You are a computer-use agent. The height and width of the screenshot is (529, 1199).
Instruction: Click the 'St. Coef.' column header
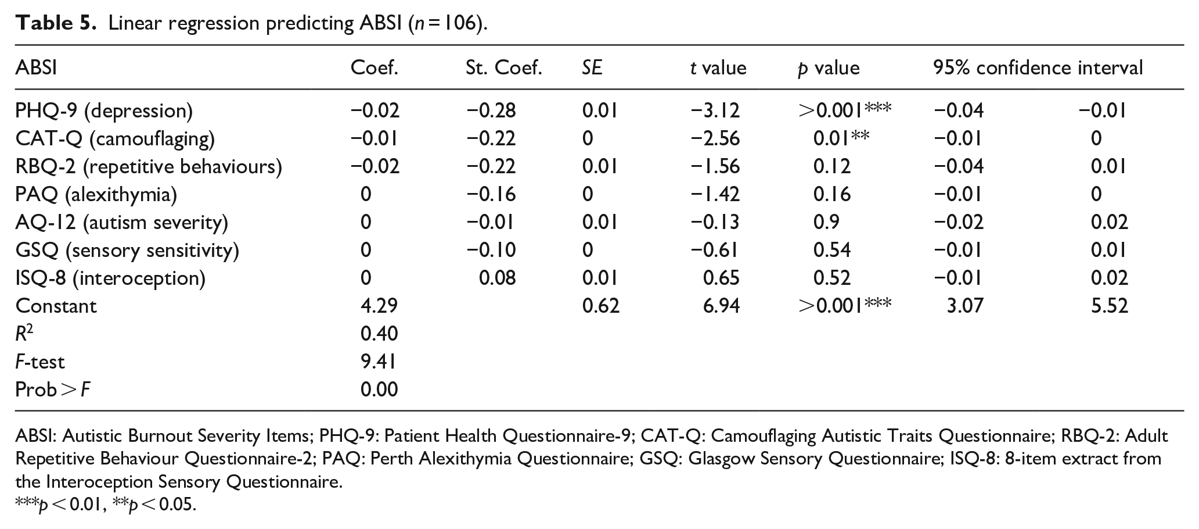(x=503, y=68)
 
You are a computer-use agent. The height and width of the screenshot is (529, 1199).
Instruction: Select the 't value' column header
(x=718, y=68)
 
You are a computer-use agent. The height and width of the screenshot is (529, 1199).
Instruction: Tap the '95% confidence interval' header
(x=1038, y=68)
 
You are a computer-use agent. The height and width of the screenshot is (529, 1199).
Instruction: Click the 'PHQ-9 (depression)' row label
(x=104, y=110)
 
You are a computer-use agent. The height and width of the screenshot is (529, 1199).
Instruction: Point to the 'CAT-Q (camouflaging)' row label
(x=115, y=138)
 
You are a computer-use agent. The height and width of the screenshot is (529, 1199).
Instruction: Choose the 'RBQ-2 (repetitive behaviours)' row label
(x=149, y=166)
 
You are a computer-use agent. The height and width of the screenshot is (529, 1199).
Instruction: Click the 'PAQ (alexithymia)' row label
(x=96, y=194)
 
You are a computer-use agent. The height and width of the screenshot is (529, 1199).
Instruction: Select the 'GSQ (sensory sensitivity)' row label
(x=127, y=250)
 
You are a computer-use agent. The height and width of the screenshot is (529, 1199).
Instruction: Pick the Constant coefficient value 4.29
(x=379, y=306)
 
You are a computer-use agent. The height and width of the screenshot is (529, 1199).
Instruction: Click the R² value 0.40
(x=379, y=334)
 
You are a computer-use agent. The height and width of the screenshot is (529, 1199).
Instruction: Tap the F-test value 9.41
(x=379, y=362)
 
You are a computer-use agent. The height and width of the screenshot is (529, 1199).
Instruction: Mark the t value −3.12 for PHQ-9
(x=715, y=110)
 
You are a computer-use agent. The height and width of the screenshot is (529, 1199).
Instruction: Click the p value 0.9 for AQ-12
(x=826, y=222)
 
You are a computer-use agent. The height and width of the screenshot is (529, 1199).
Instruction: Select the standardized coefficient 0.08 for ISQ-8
(x=497, y=278)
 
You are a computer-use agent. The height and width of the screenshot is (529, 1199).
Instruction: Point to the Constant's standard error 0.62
(x=601, y=306)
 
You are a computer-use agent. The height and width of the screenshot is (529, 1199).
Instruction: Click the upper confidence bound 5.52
(x=1110, y=306)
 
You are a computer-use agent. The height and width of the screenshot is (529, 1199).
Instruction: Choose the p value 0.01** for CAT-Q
(x=841, y=138)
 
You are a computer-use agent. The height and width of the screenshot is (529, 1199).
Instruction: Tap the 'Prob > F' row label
(x=53, y=389)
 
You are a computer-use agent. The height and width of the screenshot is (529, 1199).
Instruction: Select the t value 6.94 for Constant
(x=722, y=306)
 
